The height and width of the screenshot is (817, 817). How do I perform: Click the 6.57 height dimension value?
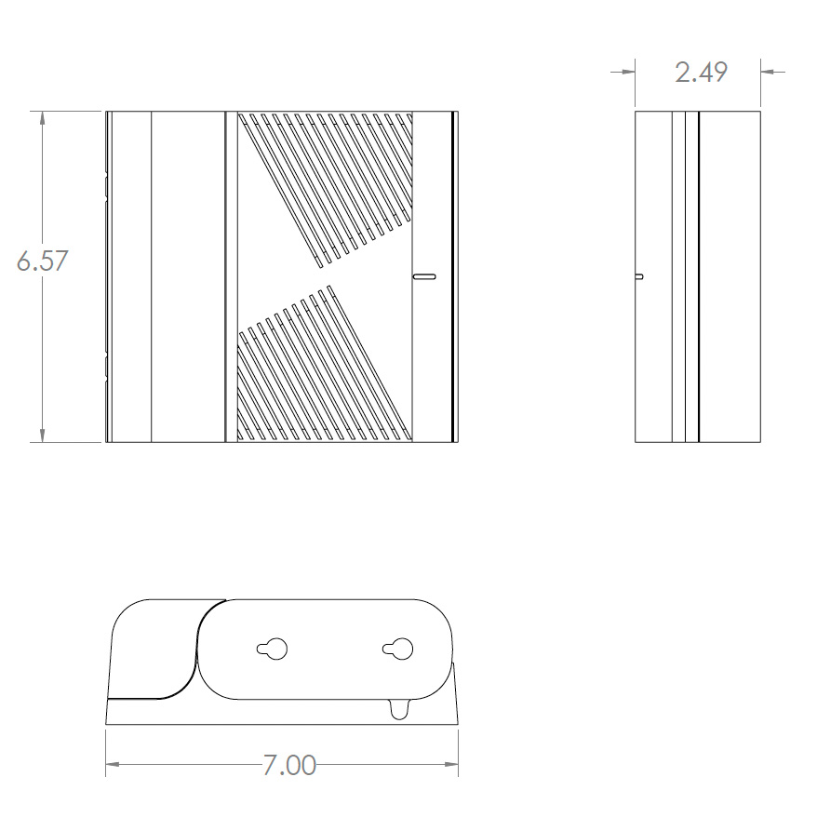43,261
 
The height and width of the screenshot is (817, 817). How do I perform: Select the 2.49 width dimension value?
701,73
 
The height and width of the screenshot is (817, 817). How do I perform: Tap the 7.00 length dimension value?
288,766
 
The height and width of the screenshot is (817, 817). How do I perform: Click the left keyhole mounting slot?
273,649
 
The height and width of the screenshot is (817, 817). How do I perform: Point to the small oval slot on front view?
424,276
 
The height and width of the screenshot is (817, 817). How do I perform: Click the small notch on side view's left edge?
638,276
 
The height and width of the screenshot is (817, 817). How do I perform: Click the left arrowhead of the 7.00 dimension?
113,766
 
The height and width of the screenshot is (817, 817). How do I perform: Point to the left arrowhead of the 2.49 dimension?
628,71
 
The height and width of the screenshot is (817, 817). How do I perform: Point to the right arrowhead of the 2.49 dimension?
769,71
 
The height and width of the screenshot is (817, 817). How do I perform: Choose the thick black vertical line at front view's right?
453,276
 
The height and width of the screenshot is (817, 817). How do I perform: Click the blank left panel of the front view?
187,276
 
